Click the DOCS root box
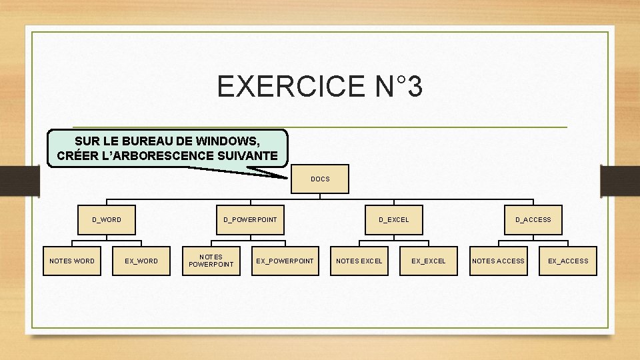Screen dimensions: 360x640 tap(320, 179)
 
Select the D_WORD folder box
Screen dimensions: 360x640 tap(107, 219)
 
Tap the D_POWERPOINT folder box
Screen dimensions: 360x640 tap(250, 219)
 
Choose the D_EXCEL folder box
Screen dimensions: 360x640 tap(393, 219)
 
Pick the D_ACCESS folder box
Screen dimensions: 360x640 tap(533, 219)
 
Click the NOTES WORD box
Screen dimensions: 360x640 tap(72, 261)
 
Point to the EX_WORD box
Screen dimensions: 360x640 tap(141, 261)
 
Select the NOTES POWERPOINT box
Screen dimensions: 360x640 tap(211, 261)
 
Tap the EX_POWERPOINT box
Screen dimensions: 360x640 tap(285, 261)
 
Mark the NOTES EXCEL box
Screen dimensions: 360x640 tap(359, 261)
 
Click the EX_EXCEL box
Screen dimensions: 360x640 tap(428, 261)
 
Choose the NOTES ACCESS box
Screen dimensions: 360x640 tap(498, 261)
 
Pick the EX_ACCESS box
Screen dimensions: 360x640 tap(568, 261)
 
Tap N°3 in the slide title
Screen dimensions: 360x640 tap(395, 87)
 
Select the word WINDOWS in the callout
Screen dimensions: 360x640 tap(227, 142)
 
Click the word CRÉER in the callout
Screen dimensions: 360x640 tap(76, 156)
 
